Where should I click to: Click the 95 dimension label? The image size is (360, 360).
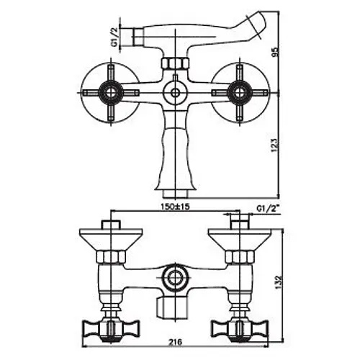276,51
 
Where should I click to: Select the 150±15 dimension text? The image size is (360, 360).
175,206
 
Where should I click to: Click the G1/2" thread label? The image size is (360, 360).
268,209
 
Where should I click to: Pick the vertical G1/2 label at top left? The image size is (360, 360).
115,37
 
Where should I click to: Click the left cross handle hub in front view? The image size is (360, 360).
111,93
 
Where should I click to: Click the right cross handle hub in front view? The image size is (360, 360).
240,93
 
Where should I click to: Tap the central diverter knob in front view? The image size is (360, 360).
176,93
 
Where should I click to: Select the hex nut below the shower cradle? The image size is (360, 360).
175,63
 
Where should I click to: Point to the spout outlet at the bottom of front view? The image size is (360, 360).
175,193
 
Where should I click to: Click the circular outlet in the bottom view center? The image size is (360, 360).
175,279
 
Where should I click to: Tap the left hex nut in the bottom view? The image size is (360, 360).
111,257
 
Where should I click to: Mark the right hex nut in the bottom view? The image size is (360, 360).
240,257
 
